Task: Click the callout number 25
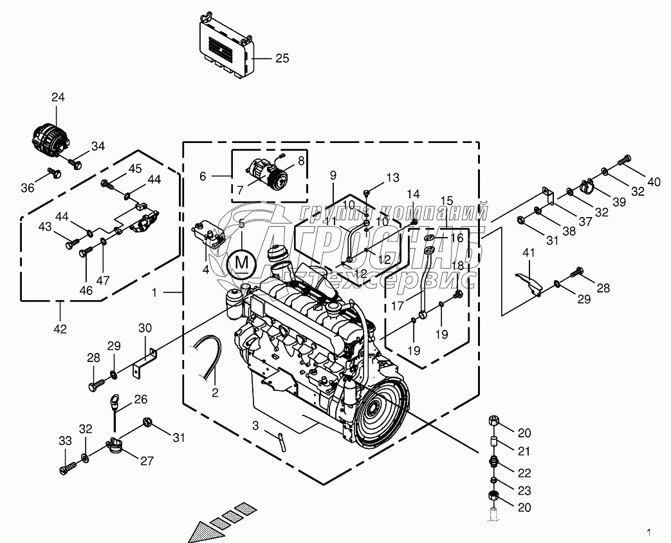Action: [282, 59]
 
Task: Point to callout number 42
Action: [60, 329]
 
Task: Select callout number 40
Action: [654, 182]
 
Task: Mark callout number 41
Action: [528, 254]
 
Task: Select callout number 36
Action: [26, 187]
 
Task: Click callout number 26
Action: [141, 399]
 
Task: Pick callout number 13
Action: [392, 178]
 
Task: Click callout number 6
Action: [203, 176]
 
